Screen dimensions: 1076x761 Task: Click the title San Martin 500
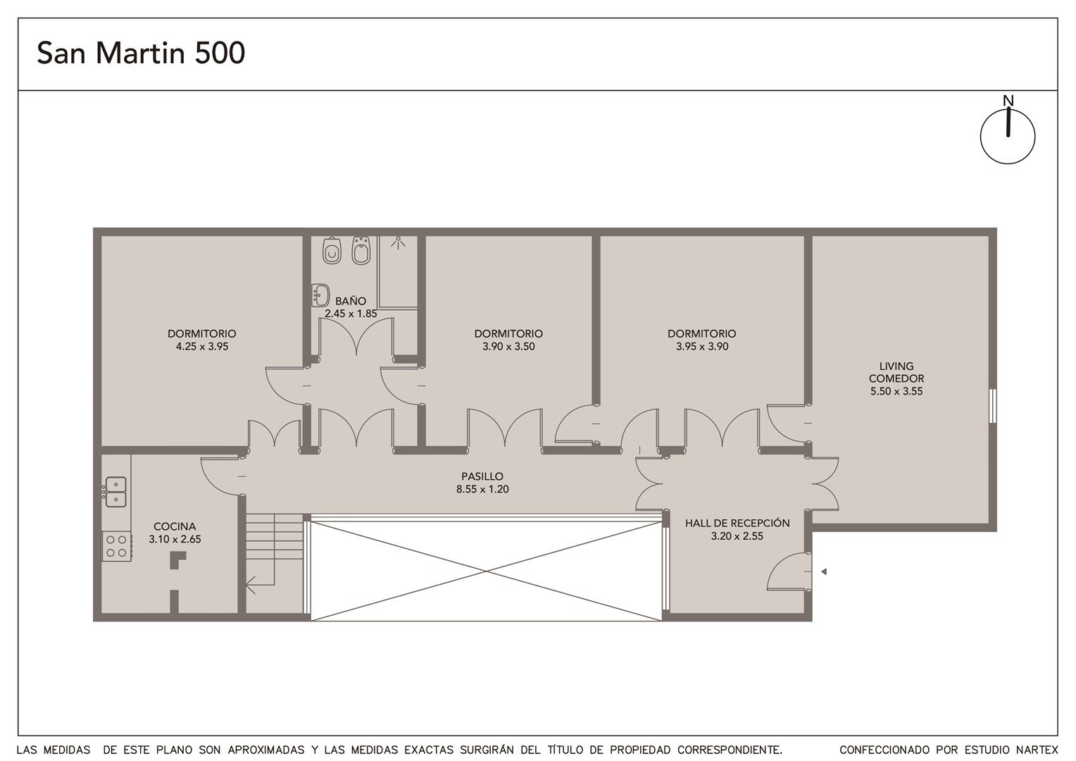(141, 53)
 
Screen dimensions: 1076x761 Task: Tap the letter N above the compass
(1008, 101)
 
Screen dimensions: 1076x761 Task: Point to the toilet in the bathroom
(332, 250)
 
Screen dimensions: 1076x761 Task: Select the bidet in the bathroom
(361, 250)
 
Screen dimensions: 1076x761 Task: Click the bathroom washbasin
(320, 295)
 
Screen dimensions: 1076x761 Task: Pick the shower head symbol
(398, 243)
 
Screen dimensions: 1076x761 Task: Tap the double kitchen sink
(115, 492)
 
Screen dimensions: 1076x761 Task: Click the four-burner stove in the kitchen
(117, 547)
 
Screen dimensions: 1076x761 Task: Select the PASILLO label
(482, 476)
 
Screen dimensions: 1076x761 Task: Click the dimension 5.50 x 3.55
(896, 391)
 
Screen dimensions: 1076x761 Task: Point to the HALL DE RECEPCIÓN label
(737, 523)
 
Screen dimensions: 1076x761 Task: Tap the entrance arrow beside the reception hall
(824, 571)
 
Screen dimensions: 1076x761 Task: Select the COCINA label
(175, 526)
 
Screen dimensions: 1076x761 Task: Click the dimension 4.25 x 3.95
(202, 346)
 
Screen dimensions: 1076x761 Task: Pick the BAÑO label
(351, 302)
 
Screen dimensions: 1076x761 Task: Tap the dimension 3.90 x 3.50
(508, 346)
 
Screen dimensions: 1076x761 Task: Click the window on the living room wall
(992, 407)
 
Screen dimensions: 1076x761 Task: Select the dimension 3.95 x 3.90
(702, 346)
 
